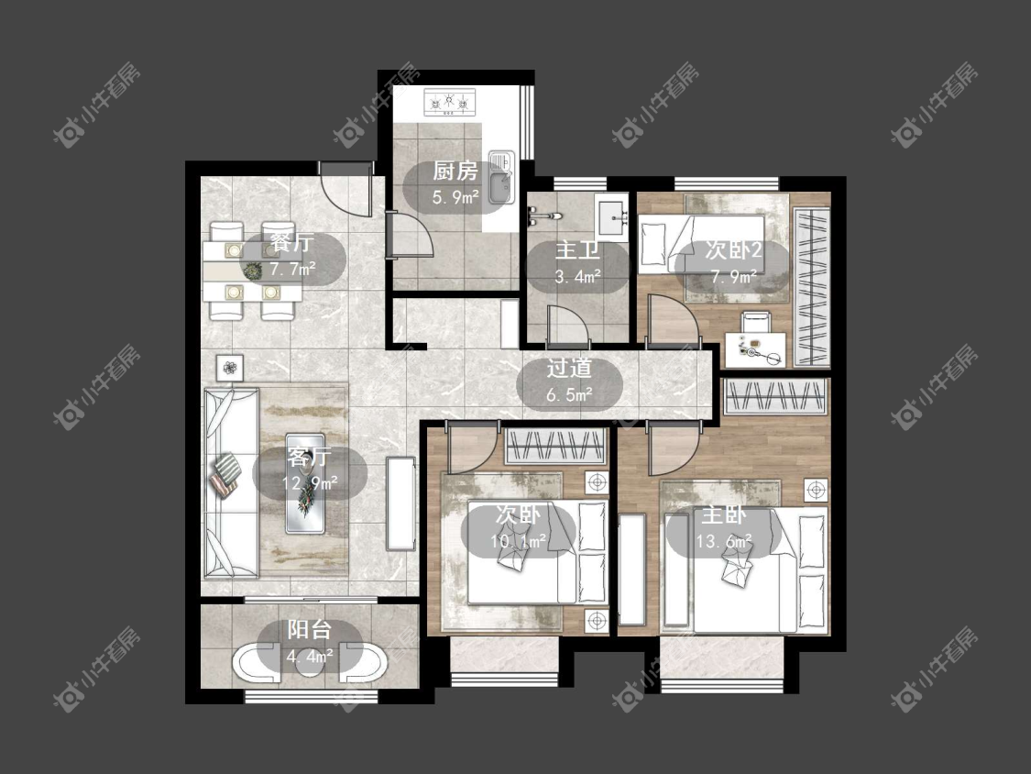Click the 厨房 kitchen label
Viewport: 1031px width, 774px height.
tap(455, 171)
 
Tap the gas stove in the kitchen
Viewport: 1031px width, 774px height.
tap(449, 103)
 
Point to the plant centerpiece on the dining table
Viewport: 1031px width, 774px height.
tap(252, 270)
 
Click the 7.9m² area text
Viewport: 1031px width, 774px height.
tap(733, 276)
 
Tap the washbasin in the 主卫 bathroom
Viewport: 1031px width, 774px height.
tap(612, 216)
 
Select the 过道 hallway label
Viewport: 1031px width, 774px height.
tap(569, 369)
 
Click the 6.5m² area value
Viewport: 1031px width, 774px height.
tap(569, 395)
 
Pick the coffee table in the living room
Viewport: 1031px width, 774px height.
tap(305, 483)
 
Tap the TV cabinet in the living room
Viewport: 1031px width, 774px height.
tap(401, 503)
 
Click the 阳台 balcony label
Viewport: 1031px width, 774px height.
tap(309, 630)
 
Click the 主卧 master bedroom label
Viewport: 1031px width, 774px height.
tap(724, 514)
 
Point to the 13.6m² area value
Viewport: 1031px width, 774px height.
tap(724, 542)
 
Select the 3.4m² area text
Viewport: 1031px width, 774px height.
tap(578, 276)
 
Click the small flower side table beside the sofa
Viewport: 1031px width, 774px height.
tap(229, 368)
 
